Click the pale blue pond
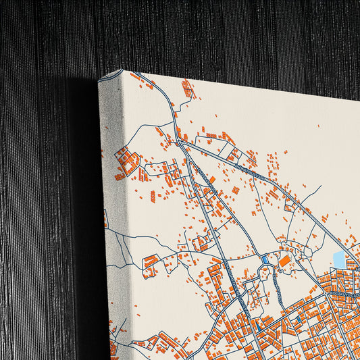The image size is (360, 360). tap(338, 259)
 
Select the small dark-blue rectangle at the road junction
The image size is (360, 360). tap(264, 260)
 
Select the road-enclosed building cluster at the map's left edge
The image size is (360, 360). tap(126, 161)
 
